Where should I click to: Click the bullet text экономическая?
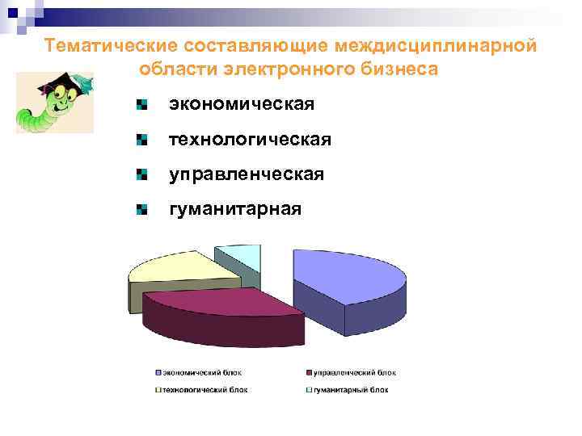(x=241, y=104)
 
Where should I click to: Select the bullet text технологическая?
(x=250, y=140)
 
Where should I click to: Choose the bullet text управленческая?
(x=246, y=174)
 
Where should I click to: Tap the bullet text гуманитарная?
(x=234, y=209)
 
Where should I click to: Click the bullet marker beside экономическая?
(x=141, y=105)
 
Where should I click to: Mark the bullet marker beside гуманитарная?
(x=141, y=210)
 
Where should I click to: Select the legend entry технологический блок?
(x=204, y=389)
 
